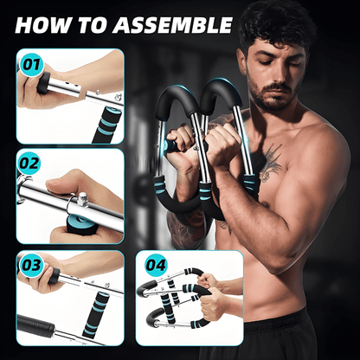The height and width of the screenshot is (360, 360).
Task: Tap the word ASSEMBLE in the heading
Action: [173, 24]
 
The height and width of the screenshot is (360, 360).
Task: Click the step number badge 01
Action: [31, 64]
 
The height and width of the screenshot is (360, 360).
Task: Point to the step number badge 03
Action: [31, 263]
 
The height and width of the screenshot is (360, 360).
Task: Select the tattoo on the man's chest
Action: [270, 160]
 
